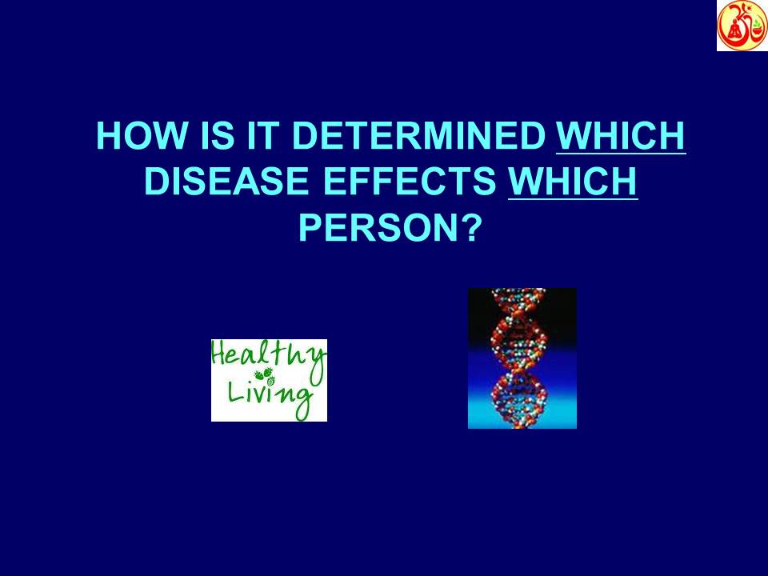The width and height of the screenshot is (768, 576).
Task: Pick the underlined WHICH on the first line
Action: coord(620,138)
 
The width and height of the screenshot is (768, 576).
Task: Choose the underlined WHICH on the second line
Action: coord(573,183)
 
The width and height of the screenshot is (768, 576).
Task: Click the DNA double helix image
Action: coord(522,358)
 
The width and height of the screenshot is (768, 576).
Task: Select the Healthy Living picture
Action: coord(269,381)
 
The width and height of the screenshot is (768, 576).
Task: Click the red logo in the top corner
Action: coord(741,26)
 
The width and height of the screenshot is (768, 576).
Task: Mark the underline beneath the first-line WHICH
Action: coord(620,154)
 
